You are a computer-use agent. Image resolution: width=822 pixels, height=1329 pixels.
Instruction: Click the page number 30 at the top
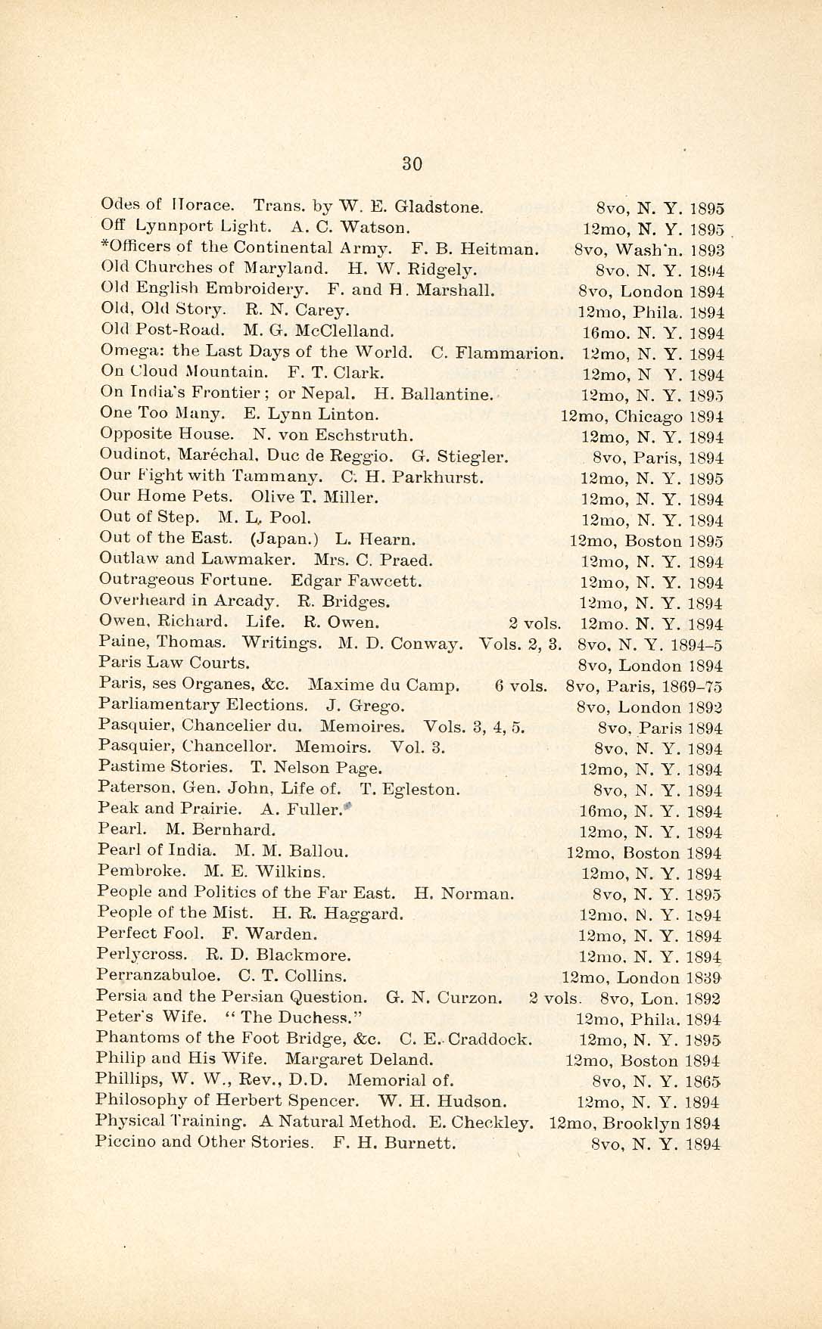(x=412, y=163)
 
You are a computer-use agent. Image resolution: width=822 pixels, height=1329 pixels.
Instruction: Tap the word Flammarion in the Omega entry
(x=519, y=352)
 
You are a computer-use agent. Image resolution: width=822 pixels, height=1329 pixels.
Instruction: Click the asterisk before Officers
(x=103, y=246)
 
